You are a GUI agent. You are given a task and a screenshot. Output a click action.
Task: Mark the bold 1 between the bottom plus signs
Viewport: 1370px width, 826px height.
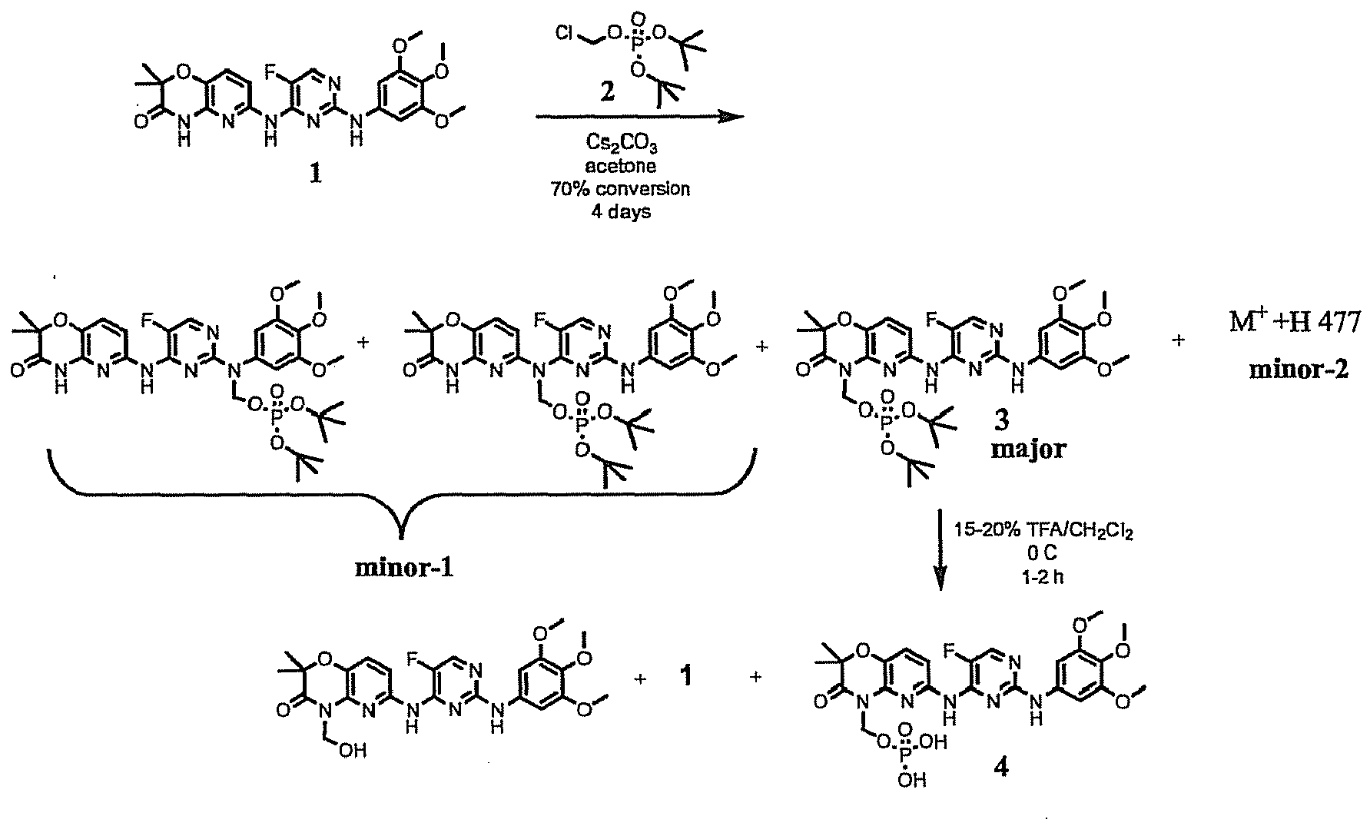(687, 678)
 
